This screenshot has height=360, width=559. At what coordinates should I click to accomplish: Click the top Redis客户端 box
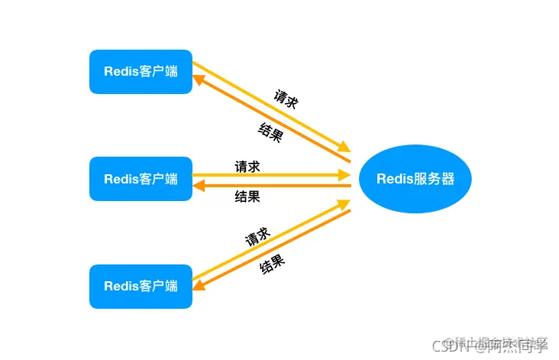[x=141, y=72]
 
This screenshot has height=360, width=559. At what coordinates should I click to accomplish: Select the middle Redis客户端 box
[x=141, y=179]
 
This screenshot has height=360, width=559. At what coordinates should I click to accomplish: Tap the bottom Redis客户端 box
[x=141, y=287]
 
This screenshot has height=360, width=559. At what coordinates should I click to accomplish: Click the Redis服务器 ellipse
[x=415, y=179]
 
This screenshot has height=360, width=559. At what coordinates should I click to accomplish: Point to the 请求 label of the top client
[x=286, y=99]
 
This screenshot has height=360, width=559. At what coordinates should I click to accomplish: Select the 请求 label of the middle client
[x=247, y=166]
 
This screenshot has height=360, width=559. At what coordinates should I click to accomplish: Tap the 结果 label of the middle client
[x=247, y=196]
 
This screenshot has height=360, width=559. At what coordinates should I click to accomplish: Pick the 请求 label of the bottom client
[x=257, y=235]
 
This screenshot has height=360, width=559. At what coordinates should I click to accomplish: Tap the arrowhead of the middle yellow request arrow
[x=344, y=175]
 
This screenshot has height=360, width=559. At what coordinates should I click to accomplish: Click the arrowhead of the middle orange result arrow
[x=199, y=186]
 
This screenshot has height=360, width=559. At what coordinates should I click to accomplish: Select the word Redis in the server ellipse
[x=394, y=179]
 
